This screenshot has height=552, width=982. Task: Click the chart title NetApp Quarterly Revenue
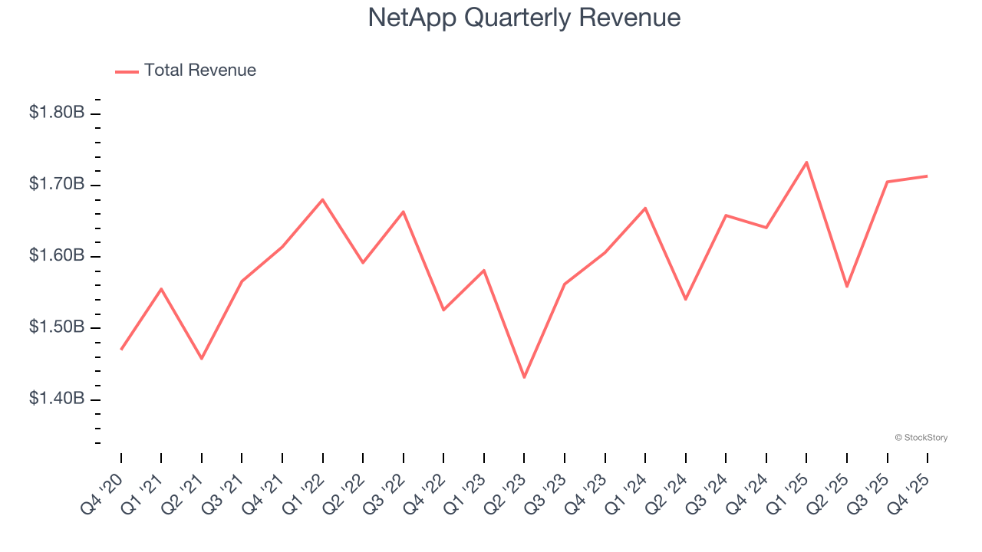click(524, 18)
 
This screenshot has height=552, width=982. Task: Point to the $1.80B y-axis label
click(57, 113)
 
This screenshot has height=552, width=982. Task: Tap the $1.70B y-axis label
click(57, 184)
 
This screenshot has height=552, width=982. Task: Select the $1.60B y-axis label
click(57, 255)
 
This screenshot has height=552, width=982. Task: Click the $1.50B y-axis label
click(57, 327)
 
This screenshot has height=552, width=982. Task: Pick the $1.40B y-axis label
click(57, 399)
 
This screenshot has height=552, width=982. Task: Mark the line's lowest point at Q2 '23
click(524, 377)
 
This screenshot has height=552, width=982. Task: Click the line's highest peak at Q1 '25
click(806, 162)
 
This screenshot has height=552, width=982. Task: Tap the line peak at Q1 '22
click(322, 199)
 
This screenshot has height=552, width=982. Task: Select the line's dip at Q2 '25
click(846, 287)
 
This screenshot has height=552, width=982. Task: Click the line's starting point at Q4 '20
click(121, 350)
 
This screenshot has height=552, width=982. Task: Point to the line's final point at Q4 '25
click(928, 176)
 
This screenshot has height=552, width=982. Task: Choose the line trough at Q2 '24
click(685, 299)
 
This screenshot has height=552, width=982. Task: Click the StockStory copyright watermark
click(921, 438)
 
